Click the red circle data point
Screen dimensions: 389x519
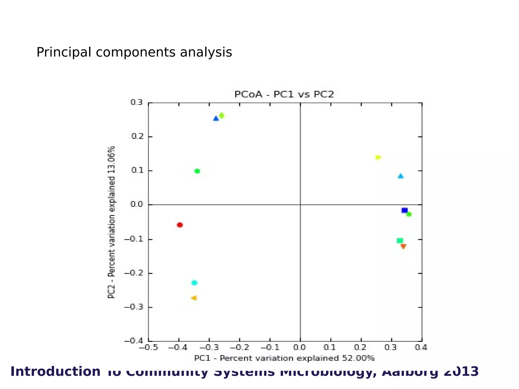click(180, 225)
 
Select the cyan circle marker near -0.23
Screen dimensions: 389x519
click(194, 283)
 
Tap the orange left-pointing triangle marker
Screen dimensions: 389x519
click(194, 298)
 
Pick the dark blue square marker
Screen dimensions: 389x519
click(404, 210)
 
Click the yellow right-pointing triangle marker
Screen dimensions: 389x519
click(378, 158)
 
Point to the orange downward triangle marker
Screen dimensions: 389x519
click(403, 246)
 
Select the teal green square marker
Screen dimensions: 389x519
click(400, 241)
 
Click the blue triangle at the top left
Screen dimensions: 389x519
click(216, 118)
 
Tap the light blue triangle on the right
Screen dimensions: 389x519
click(400, 176)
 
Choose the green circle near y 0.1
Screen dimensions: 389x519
click(197, 171)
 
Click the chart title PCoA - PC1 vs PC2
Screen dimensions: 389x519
click(284, 94)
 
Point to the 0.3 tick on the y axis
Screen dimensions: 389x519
click(137, 103)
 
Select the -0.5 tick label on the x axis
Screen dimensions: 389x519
click(148, 347)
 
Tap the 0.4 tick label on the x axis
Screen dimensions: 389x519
click(421, 347)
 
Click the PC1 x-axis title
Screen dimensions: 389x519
click(284, 358)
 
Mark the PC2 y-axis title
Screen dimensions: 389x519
click(111, 222)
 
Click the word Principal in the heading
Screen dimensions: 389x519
click(64, 52)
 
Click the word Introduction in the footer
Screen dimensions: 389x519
click(55, 372)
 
